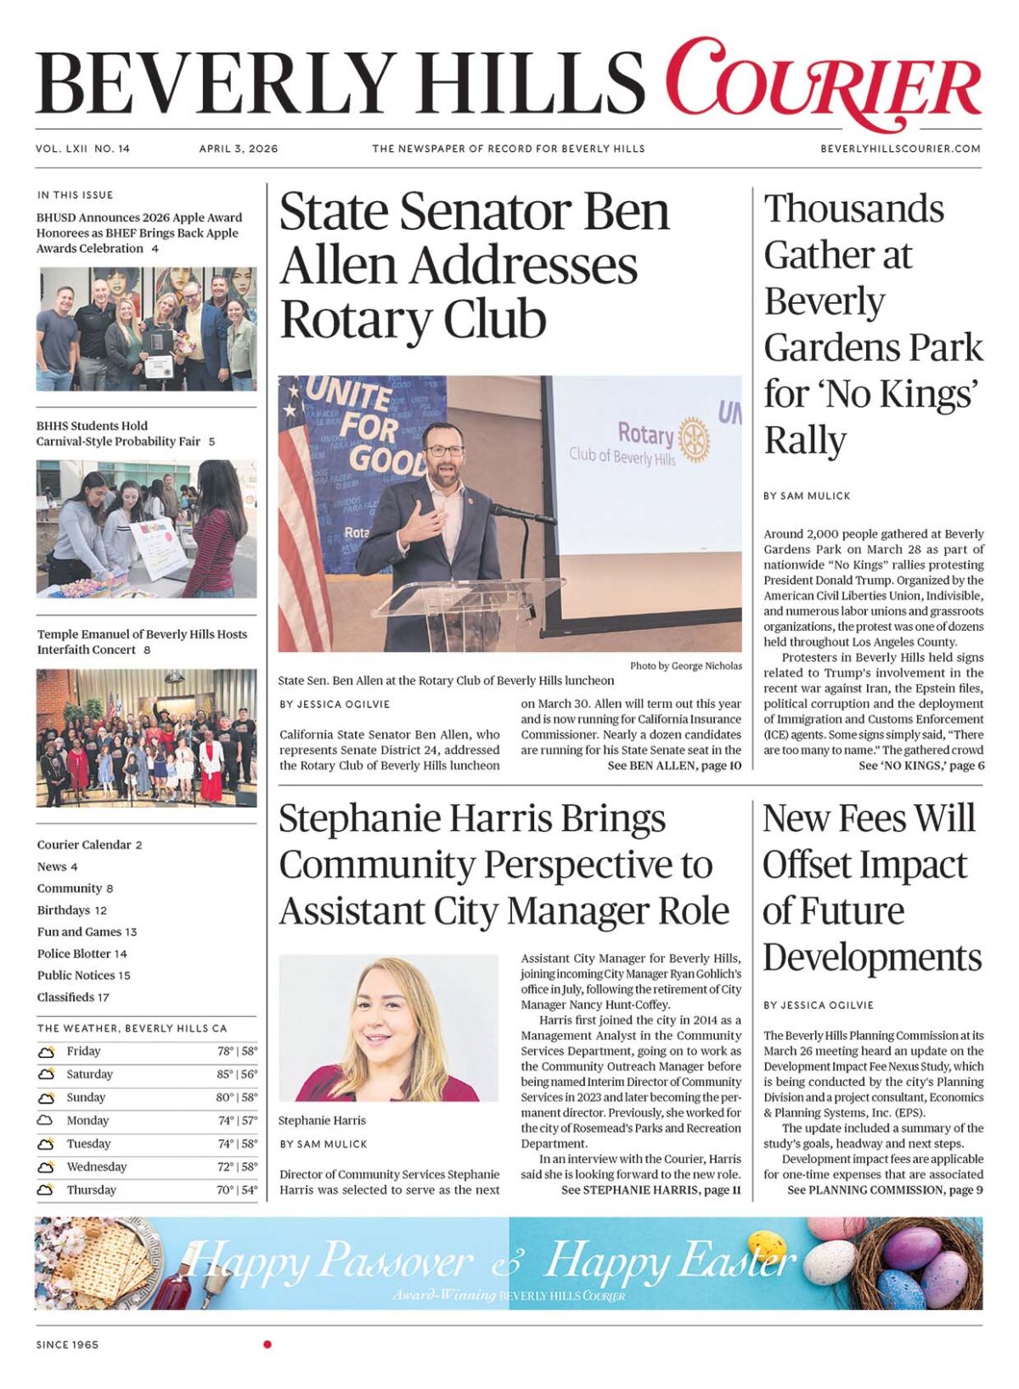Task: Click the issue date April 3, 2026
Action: pos(239,149)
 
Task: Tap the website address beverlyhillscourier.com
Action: pos(900,149)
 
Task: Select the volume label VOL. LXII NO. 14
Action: pos(83,149)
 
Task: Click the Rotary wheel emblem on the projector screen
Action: pos(694,439)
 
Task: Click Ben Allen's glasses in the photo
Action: pos(445,451)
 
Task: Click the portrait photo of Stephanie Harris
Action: pos(388,1027)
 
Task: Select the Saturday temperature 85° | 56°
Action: pos(237,1074)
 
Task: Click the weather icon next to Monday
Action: pos(45,1121)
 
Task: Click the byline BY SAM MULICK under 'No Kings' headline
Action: pos(807,496)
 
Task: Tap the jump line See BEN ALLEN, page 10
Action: pos(674,766)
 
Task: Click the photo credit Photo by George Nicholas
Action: pos(685,666)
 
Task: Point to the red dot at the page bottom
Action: pos(267,1344)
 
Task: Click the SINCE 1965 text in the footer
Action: pos(67,1345)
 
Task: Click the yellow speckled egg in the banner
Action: pos(766,1245)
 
